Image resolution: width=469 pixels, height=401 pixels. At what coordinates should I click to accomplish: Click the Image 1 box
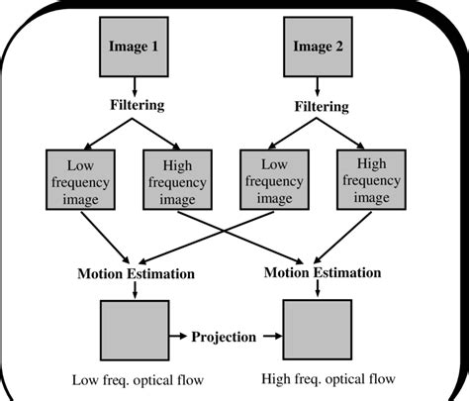pos(136,46)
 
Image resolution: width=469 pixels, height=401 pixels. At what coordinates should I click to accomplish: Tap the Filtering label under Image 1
pos(136,103)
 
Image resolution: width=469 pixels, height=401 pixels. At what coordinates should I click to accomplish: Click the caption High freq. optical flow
pos(328,378)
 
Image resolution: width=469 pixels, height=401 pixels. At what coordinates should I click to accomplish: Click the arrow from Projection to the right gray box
pos(270,337)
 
